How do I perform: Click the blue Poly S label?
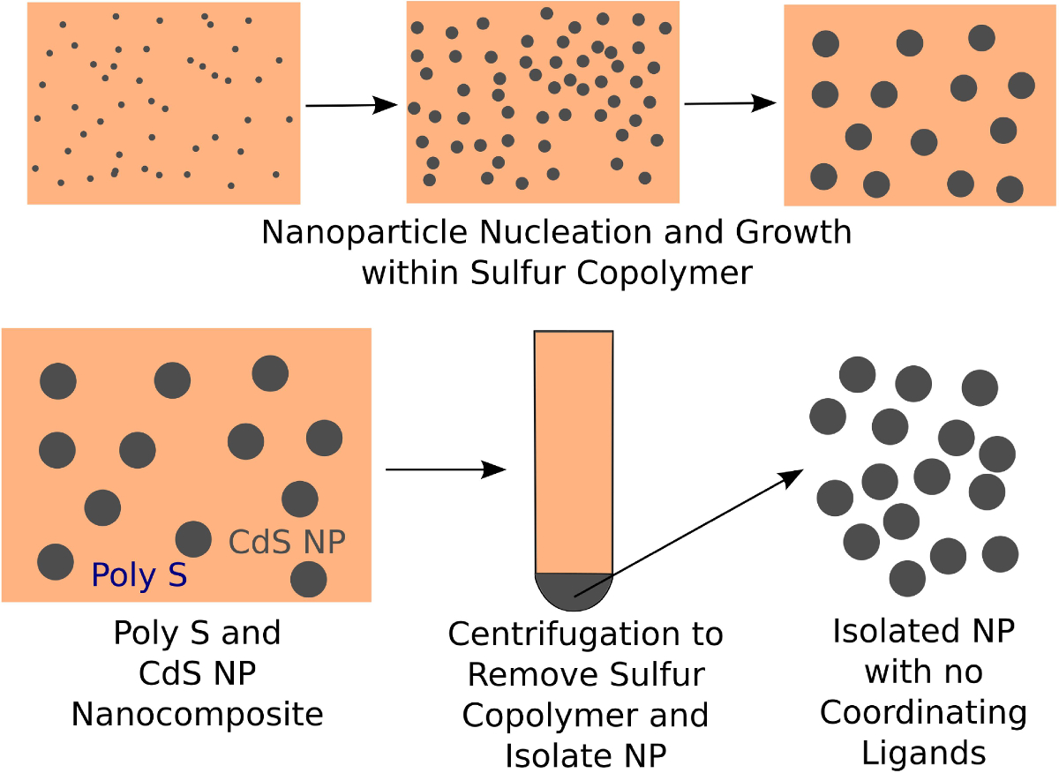[139, 575]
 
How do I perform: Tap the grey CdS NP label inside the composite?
[287, 543]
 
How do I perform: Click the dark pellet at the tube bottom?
[574, 590]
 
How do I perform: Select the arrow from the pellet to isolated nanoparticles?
[688, 533]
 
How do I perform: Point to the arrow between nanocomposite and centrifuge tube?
[446, 469]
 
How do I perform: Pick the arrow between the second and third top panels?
[730, 103]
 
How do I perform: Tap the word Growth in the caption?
[798, 233]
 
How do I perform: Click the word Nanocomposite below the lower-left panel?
[198, 714]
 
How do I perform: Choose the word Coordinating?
[923, 712]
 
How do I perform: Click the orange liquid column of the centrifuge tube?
[574, 450]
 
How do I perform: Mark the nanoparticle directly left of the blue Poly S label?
[55, 562]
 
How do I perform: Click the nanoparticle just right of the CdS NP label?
[309, 579]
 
